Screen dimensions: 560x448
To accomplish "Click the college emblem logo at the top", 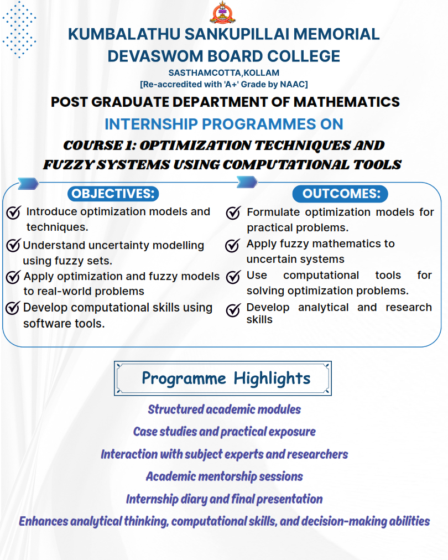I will point(223,13).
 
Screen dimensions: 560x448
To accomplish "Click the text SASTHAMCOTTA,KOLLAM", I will point(223,73).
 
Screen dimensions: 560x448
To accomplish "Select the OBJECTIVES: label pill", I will point(113,194).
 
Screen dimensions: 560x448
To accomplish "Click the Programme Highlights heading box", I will point(223,378).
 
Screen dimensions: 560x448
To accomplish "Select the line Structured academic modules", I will point(224,410).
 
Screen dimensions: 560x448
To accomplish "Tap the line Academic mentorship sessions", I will point(224,476).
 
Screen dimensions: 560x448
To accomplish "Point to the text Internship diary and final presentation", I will point(224,499).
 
